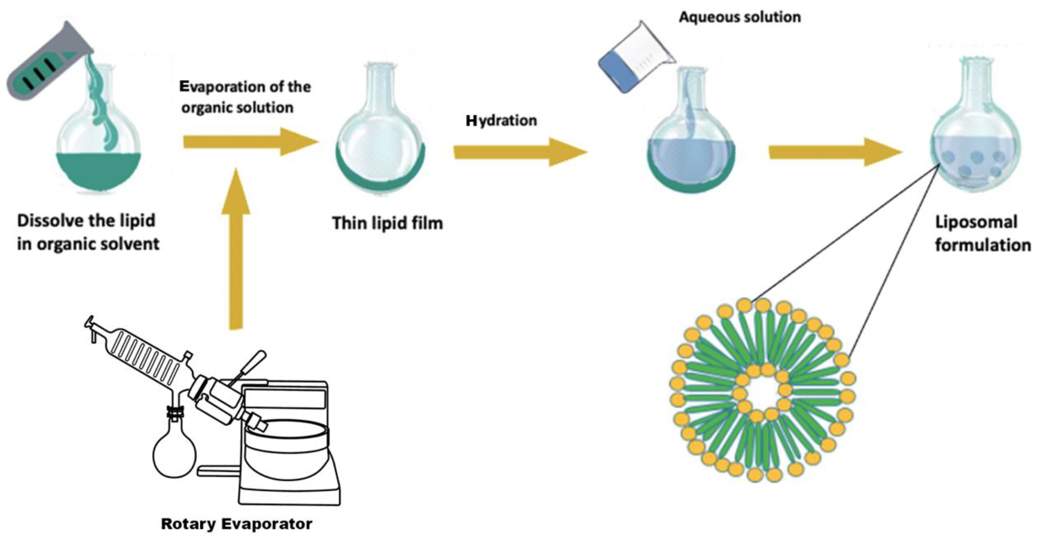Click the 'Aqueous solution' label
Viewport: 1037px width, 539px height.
click(x=740, y=17)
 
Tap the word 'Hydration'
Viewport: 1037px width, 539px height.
click(x=501, y=120)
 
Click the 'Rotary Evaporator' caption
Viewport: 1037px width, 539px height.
click(x=237, y=524)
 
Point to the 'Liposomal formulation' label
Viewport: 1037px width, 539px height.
click(x=982, y=234)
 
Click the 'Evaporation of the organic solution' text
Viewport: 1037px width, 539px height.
click(x=245, y=97)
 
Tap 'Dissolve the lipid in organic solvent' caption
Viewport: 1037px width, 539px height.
click(x=88, y=232)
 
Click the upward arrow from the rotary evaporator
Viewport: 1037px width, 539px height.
click(x=236, y=250)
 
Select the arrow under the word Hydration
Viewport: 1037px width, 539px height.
click(x=519, y=152)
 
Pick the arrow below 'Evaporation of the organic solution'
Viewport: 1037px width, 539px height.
click(x=250, y=142)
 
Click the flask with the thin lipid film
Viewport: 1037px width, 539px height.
click(x=380, y=145)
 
